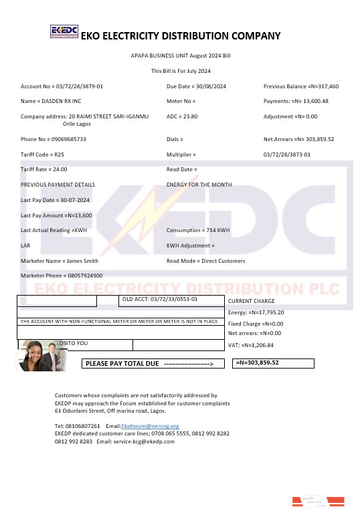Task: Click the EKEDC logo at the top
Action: pos(65,32)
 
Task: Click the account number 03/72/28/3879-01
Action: pos(62,86)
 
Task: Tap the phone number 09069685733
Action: pos(54,139)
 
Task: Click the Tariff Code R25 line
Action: pos(42,154)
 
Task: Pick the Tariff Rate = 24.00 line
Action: pos(44,169)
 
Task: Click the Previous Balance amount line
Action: pos(301,86)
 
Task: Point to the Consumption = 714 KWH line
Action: pos(198,230)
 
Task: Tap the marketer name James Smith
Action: pos(60,261)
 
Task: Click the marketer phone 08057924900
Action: pos(62,276)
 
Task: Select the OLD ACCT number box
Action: pos(160,300)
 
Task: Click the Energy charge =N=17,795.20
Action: pos(256,312)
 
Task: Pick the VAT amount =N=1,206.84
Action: pos(251,345)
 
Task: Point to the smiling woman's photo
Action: pos(35,355)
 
